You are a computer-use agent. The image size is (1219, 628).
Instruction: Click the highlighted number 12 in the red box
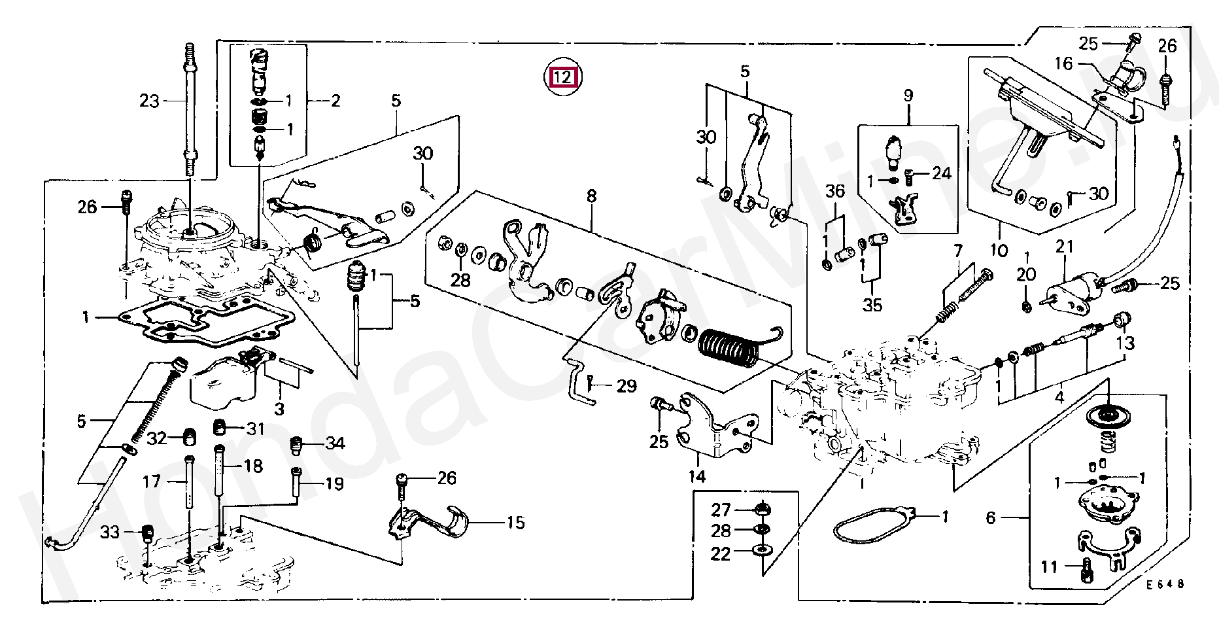[x=563, y=77]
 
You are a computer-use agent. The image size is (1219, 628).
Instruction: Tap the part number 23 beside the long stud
[x=149, y=101]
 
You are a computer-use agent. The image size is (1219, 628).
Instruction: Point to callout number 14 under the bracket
[x=697, y=476]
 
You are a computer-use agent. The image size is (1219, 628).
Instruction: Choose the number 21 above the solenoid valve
[x=1065, y=247]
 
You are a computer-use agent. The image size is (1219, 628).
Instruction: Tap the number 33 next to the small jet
[x=111, y=532]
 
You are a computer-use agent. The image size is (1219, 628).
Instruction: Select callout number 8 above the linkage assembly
[x=591, y=196]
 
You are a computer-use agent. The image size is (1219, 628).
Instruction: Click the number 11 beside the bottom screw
[x=1049, y=567]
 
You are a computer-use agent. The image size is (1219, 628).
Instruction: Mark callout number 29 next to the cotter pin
[x=626, y=386]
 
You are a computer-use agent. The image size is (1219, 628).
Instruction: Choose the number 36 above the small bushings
[x=835, y=191]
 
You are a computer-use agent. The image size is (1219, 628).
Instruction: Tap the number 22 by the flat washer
[x=720, y=554]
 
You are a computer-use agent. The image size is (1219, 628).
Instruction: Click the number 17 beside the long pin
[x=151, y=482]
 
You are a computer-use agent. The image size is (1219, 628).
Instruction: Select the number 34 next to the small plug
[x=335, y=444]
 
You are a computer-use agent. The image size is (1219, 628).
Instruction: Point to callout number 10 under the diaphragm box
[x=1001, y=250]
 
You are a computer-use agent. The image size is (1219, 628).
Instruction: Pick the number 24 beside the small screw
[x=941, y=173]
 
